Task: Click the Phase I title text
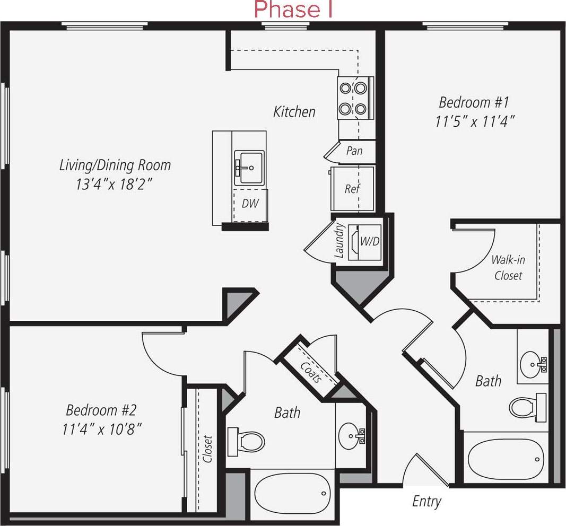tap(293, 10)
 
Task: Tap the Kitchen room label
tap(294, 112)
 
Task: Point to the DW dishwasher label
tap(250, 204)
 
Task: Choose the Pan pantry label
tap(354, 151)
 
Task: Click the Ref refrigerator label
tap(352, 189)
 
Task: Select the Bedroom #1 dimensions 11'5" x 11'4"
tap(475, 121)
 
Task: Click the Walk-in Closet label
tap(508, 268)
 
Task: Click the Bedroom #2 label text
tap(101, 410)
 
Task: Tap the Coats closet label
tap(311, 372)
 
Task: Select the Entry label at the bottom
tap(426, 502)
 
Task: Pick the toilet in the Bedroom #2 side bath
tap(247, 441)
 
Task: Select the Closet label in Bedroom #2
tap(207, 449)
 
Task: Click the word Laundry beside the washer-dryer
tap(340, 241)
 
